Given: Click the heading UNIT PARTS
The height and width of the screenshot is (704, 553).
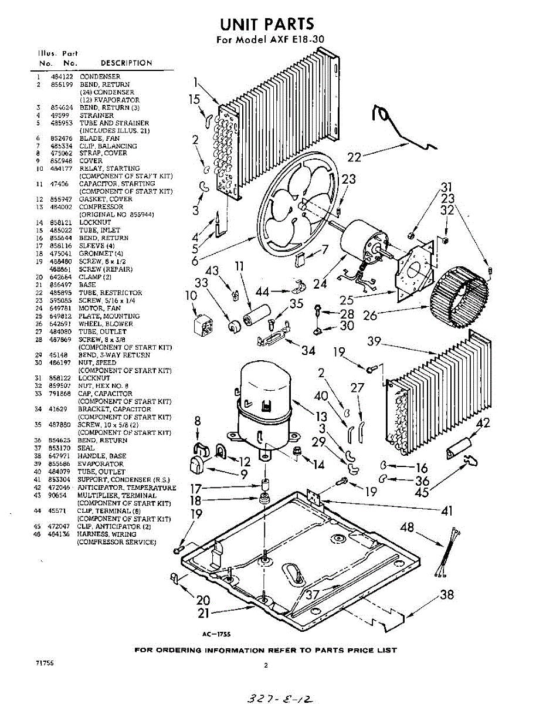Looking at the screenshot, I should coord(267,24).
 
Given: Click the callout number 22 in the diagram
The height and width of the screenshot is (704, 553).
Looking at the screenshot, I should coord(354,157).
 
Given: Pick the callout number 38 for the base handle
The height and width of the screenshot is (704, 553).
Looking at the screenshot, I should coord(446,595).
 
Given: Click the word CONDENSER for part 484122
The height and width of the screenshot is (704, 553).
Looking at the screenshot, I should coord(100,77).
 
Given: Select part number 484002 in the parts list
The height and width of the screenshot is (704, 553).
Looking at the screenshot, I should coord(62,207).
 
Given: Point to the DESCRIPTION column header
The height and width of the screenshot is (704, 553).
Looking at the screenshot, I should coord(126,63).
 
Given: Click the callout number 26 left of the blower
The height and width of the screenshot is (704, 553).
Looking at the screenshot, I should coord(369,316).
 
